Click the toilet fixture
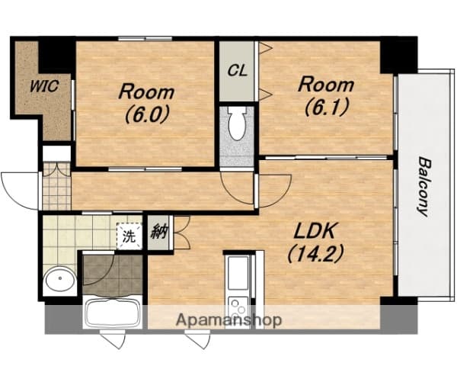tap(236, 124)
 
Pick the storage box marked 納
tap(159, 231)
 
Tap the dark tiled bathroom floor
tap(113, 274)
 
